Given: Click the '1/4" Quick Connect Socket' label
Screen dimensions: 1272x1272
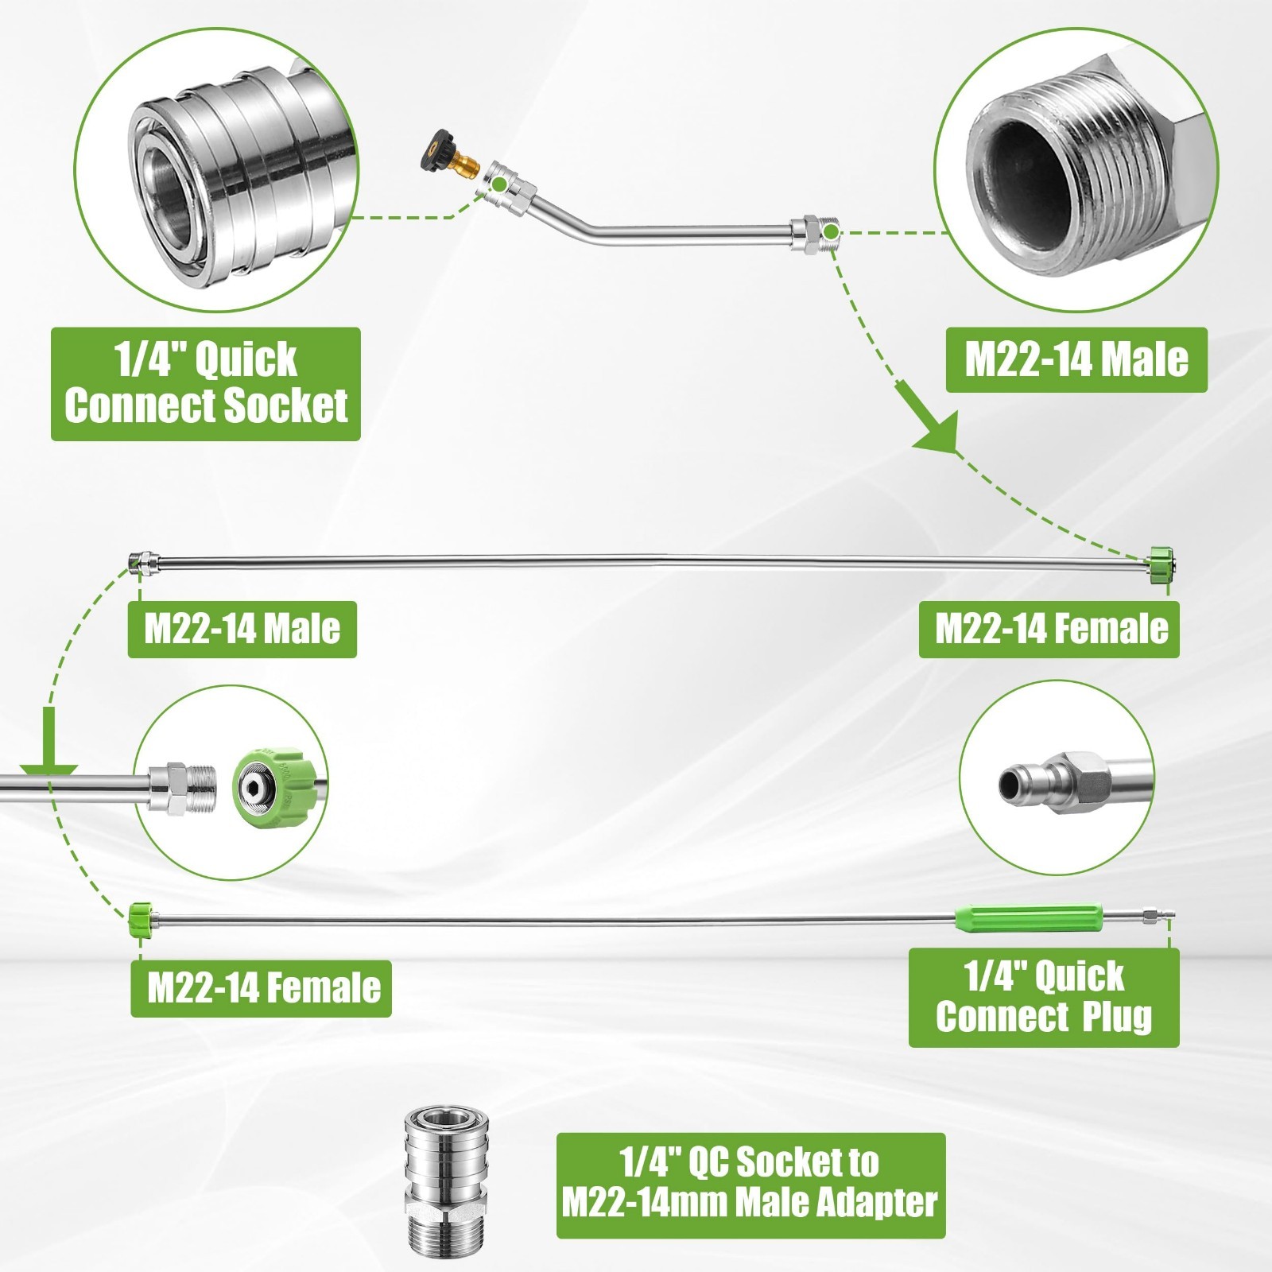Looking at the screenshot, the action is pyautogui.click(x=206, y=384).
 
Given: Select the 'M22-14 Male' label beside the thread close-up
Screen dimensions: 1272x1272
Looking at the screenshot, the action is pyautogui.click(x=1076, y=360).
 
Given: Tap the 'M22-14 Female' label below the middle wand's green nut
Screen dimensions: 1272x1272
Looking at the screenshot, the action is pyautogui.click(x=1049, y=630).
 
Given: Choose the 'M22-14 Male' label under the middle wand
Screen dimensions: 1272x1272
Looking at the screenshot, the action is pyautogui.click(x=242, y=630).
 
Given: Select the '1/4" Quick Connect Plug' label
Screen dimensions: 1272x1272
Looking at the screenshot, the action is pyautogui.click(x=1044, y=997).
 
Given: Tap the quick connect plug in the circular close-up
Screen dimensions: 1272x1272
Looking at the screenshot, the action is pyautogui.click(x=1073, y=783).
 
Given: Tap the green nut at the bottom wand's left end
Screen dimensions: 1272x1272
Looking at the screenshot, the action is pyautogui.click(x=140, y=919).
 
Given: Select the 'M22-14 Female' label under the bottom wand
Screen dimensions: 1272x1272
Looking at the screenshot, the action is pyautogui.click(x=261, y=988).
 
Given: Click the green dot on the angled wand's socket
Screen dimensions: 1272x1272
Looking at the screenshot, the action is pyautogui.click(x=498, y=184).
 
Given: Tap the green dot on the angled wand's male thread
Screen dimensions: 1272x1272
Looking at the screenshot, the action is pyautogui.click(x=830, y=232).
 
